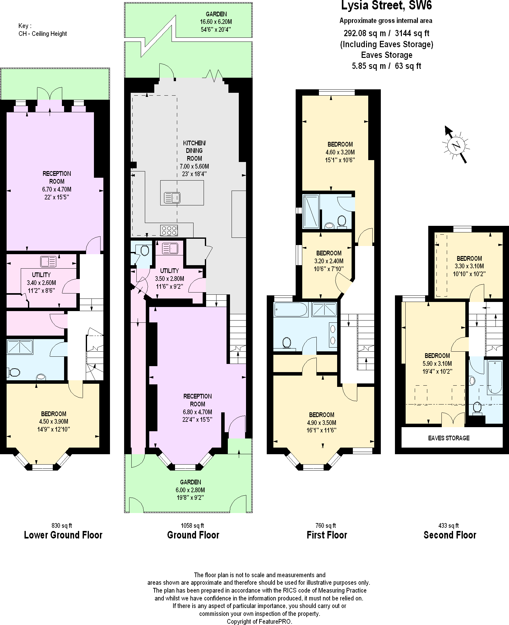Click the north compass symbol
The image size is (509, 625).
point(456,145)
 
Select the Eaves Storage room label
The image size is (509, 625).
point(449,438)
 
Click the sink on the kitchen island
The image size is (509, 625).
point(172,198)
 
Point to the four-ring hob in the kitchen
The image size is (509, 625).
point(169,231)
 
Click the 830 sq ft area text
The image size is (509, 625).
point(62,525)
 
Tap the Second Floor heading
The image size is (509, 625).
point(450,535)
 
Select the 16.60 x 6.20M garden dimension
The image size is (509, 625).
point(216,22)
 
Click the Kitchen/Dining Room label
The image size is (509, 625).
point(194,151)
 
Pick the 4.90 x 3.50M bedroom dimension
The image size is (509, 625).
point(321,423)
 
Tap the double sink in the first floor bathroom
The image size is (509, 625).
point(333,334)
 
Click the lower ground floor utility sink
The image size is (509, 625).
point(48,261)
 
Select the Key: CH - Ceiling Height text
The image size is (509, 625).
point(42,30)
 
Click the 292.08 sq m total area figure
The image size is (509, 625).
point(364,33)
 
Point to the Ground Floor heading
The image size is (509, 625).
point(193,535)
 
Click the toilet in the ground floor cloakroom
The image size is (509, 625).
point(144,251)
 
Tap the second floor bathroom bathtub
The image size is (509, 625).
point(495,377)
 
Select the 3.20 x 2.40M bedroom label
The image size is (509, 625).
point(329,261)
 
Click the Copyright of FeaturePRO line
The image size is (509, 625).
point(259,622)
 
